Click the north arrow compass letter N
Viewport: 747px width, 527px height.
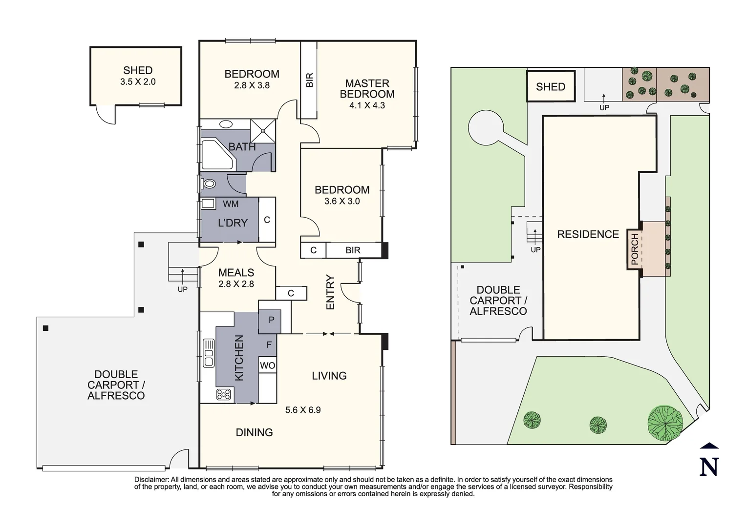click(709, 466)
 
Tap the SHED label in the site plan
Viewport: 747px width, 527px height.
click(550, 87)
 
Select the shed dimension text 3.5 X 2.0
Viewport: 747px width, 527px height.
click(138, 82)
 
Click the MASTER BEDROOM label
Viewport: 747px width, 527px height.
click(367, 89)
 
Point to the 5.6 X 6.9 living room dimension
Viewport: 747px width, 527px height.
click(303, 410)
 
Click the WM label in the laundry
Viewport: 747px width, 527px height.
click(231, 203)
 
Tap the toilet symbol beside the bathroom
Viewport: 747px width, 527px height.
click(209, 184)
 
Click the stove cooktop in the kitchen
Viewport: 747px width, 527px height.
click(224, 394)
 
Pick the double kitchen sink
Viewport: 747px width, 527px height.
click(209, 352)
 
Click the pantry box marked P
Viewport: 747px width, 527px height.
click(271, 320)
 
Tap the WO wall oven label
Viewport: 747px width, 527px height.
click(267, 365)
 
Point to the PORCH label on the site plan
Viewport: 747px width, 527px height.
click(635, 249)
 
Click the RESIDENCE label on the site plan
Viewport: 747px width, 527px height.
click(588, 234)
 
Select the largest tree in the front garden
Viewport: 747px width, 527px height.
click(665, 422)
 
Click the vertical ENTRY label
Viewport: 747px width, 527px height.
click(330, 292)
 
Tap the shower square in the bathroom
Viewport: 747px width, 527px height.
click(263, 131)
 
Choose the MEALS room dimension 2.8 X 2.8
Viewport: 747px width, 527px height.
click(236, 284)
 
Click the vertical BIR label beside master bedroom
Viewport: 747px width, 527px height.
click(309, 80)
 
